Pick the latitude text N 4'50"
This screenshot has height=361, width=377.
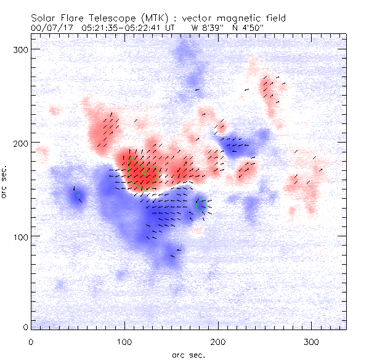click(249, 28)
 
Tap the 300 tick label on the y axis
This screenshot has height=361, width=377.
click(21, 49)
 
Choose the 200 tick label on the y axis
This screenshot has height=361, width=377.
click(21, 143)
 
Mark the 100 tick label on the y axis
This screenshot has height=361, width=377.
click(21, 236)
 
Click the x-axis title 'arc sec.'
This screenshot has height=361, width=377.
click(189, 354)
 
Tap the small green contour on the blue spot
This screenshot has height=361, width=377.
click(201, 205)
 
